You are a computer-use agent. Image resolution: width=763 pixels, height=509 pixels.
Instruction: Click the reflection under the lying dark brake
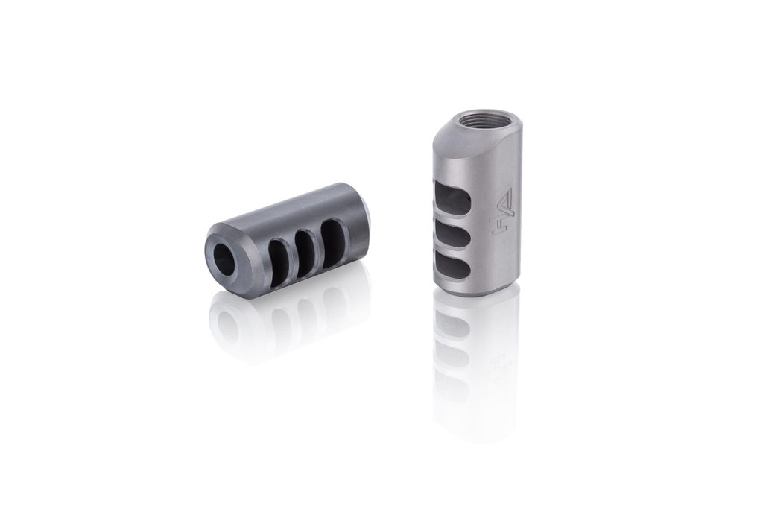click(x=283, y=320)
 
